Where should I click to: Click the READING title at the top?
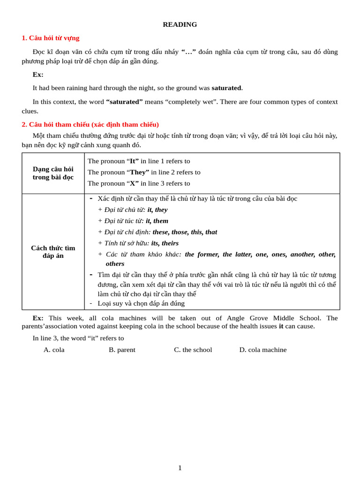180,24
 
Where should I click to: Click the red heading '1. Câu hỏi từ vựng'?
50,38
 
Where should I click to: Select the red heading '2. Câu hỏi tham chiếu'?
90,124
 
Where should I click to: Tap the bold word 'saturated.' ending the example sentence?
227,88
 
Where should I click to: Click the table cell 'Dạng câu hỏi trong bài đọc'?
53,173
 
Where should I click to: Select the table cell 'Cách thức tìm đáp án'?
53,252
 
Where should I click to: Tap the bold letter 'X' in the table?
134,183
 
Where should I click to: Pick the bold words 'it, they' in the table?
157,210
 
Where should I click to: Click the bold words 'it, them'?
157,221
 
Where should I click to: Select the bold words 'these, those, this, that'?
185,232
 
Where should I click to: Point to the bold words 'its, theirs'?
165,243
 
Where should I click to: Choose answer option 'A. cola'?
54,350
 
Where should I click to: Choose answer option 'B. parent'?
122,350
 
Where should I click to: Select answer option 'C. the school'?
193,350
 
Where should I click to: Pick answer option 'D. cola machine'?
262,350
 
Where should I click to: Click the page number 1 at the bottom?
180,468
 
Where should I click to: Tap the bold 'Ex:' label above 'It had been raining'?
38,74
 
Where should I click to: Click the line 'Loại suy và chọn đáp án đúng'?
141,303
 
